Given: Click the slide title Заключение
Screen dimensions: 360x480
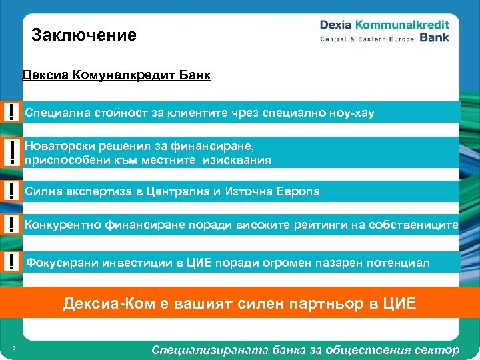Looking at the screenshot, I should point(84,35).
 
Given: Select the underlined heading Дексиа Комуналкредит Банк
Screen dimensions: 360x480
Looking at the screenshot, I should point(117,75).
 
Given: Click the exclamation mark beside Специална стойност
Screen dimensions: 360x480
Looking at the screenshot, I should point(11,112).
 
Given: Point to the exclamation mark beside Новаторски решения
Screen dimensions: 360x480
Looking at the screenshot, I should point(11,152).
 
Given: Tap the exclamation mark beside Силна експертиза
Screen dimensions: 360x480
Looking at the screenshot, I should point(11,191).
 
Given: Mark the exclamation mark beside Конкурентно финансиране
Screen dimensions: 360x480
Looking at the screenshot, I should point(11,225).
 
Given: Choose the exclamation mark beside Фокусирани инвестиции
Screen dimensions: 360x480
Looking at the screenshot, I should point(11,262).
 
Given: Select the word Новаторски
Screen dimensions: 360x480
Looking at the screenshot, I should point(56,145).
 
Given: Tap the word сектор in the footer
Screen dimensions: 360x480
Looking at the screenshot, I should point(441,349).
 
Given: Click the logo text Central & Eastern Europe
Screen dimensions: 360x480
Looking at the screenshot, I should point(367,39).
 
